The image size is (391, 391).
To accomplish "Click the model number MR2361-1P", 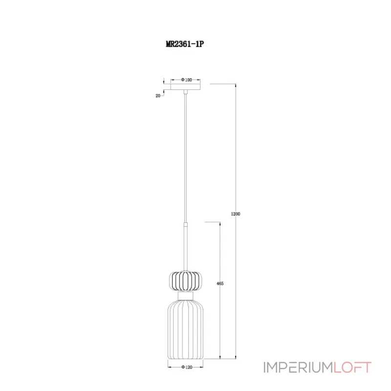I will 184,43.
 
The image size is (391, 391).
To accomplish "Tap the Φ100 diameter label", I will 186,79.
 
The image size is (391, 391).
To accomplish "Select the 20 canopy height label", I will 158,96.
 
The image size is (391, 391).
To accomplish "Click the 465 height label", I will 219,283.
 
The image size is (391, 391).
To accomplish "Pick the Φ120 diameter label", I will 186,366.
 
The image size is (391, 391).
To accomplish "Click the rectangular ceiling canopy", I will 186,87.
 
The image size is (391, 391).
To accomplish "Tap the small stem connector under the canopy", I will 186,92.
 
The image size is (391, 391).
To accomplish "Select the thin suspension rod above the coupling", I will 186,156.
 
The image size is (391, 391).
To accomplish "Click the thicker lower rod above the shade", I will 186,244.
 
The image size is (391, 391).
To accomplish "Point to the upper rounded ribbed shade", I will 186,281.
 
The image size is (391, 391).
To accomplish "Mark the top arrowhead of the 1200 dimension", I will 236,85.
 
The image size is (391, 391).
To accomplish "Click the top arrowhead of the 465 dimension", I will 219,223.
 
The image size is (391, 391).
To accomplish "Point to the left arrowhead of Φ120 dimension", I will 170,366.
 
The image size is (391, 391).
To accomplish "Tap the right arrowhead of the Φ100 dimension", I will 200,79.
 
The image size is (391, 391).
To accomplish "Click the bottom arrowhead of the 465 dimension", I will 219,358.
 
